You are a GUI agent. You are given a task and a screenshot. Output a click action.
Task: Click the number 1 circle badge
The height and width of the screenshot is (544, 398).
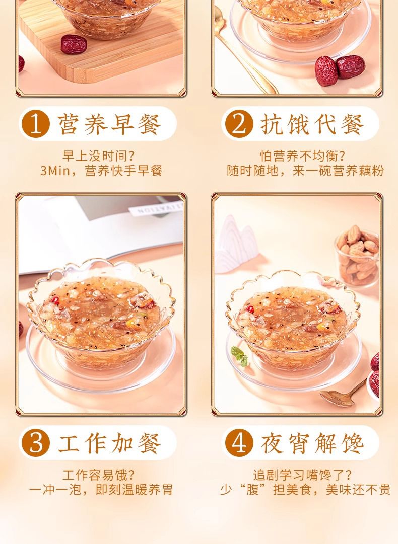35,124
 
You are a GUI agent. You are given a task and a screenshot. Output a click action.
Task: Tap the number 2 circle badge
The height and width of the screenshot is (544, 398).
239,124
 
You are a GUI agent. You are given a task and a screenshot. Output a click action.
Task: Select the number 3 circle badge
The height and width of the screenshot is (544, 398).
35,443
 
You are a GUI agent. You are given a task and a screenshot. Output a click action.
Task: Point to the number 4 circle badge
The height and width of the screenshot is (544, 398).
239,443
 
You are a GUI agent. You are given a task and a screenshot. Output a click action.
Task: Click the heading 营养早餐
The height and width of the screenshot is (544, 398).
109,124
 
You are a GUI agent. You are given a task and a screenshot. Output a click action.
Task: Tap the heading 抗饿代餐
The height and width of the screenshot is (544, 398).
312,124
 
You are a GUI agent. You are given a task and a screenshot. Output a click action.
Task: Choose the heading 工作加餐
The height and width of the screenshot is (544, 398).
109,443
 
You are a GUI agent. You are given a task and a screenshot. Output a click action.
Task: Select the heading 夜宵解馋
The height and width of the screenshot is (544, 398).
312,443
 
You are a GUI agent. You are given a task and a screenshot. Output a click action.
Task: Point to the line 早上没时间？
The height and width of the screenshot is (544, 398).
99,156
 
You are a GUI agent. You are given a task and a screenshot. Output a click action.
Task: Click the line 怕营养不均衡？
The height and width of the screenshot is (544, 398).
303,156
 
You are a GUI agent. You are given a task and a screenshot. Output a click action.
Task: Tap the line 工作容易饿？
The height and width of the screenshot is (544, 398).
99,475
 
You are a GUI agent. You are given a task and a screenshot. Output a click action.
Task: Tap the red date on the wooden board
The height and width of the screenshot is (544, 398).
74,44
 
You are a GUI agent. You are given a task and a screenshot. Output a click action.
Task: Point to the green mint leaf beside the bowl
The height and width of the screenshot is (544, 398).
240,355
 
